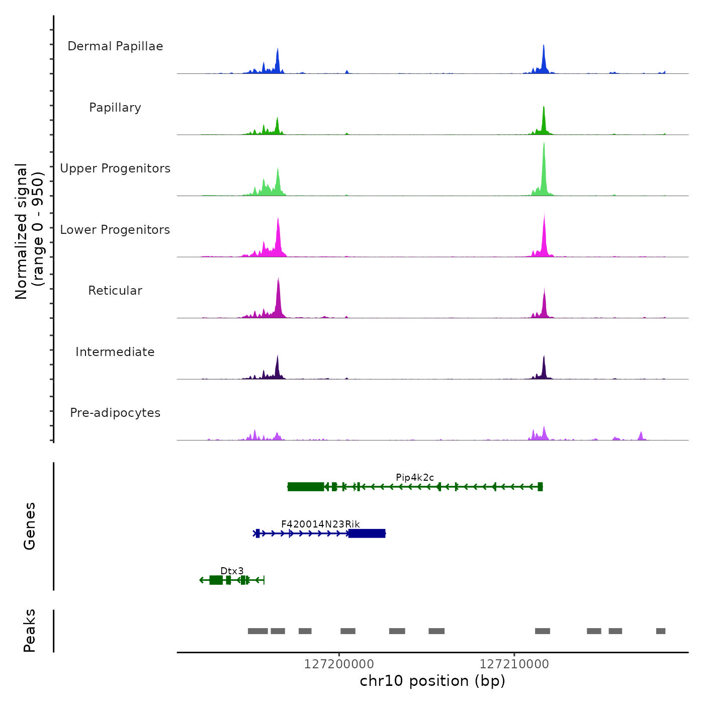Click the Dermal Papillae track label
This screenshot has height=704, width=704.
pyautogui.click(x=115, y=46)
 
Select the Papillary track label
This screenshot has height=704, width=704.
pyautogui.click(x=115, y=108)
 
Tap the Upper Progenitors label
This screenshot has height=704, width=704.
pyautogui.click(x=115, y=168)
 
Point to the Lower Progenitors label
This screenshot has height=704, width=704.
pyautogui.click(x=115, y=230)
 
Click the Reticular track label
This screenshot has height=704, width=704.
pyautogui.click(x=115, y=291)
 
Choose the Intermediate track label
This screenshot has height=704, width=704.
pyautogui.click(x=115, y=352)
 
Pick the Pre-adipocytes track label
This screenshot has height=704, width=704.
pyautogui.click(x=115, y=413)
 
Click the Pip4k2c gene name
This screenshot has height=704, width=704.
pyautogui.click(x=415, y=477)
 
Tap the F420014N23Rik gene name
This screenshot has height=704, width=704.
pyautogui.click(x=320, y=524)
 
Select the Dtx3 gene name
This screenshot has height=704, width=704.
pyautogui.click(x=232, y=571)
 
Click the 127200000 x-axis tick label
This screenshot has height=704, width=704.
pyautogui.click(x=339, y=664)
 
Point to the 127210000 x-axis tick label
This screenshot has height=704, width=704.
pyautogui.click(x=514, y=664)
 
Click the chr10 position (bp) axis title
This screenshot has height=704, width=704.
pyautogui.click(x=432, y=681)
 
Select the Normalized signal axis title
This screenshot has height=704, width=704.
pyautogui.click(x=29, y=231)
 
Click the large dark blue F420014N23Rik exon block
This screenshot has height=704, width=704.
pyautogui.click(x=367, y=534)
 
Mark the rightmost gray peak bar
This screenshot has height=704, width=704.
pyautogui.click(x=661, y=631)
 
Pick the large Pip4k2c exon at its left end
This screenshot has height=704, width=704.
pyautogui.click(x=306, y=487)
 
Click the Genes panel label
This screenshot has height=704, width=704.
pyautogui.click(x=30, y=526)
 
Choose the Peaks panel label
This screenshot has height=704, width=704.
pyautogui.click(x=30, y=631)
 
